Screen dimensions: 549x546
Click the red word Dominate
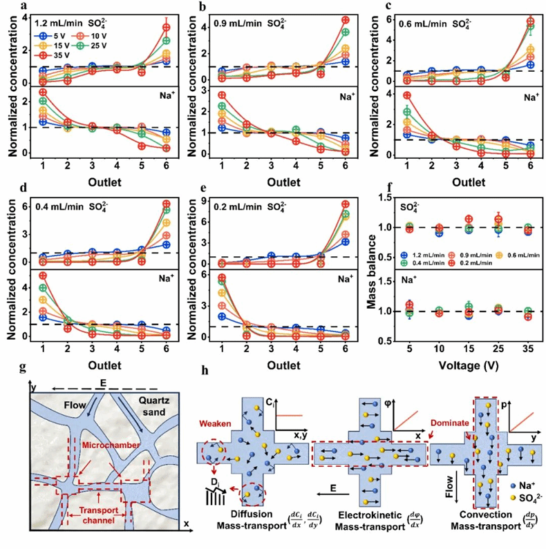coord(443,423)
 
